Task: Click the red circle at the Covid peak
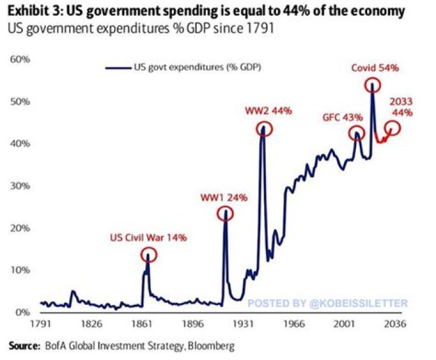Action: click(x=372, y=85)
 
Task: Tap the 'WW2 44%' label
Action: click(x=268, y=111)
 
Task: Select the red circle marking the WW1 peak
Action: click(x=225, y=214)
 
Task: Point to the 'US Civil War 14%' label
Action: click(x=148, y=238)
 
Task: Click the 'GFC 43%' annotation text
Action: click(x=342, y=117)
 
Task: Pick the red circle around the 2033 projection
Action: click(x=392, y=128)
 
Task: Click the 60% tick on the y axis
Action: click(x=21, y=60)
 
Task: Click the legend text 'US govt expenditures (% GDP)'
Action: click(x=193, y=67)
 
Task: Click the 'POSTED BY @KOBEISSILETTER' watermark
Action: click(x=328, y=303)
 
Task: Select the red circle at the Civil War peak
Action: click(x=149, y=255)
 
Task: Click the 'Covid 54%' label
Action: click(x=375, y=68)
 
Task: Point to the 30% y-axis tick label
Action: click(x=21, y=186)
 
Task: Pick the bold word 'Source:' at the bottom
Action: click(x=25, y=347)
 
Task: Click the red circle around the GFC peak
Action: click(x=357, y=134)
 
